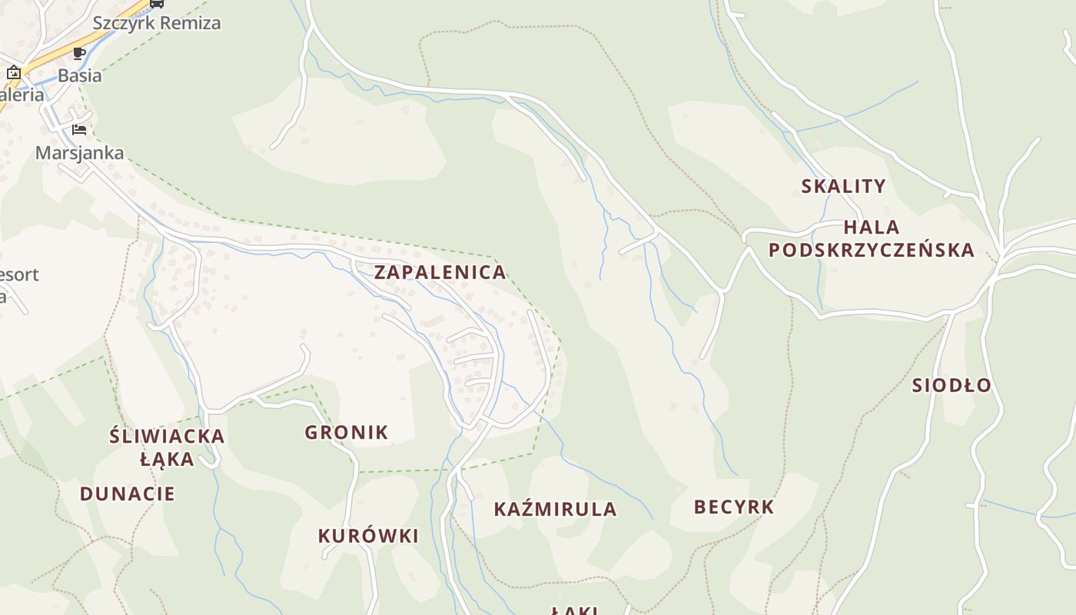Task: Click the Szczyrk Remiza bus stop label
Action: [x=157, y=23]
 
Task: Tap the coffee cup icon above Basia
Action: [x=79, y=53]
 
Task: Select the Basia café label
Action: [x=80, y=75]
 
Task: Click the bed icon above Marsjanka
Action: [x=79, y=129]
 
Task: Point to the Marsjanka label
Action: [x=80, y=152]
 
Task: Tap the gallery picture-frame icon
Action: [x=13, y=73]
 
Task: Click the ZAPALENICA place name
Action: [x=440, y=271]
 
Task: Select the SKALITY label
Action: [x=843, y=186]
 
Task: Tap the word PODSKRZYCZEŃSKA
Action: [x=871, y=250]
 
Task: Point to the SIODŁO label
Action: [x=951, y=385]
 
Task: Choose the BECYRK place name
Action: [x=734, y=507]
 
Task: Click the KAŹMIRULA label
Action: [x=555, y=509]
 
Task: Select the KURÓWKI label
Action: [x=368, y=536]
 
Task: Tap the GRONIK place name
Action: [x=347, y=432]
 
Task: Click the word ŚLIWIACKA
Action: [x=167, y=437]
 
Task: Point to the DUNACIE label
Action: [x=128, y=494]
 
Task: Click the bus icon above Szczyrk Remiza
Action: [x=156, y=3]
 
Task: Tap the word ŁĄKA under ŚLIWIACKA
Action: [x=167, y=459]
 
